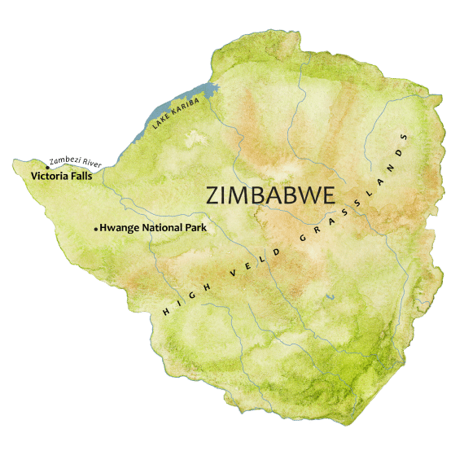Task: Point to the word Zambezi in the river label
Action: point(62,161)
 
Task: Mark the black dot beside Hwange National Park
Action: point(96,230)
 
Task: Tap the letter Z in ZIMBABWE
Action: point(214,196)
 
